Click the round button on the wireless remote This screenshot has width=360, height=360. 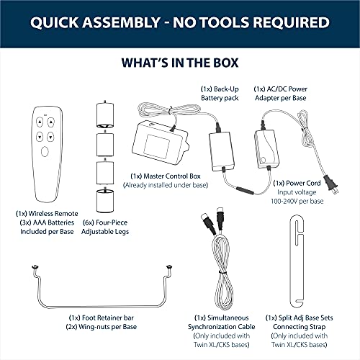pos(45,153)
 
